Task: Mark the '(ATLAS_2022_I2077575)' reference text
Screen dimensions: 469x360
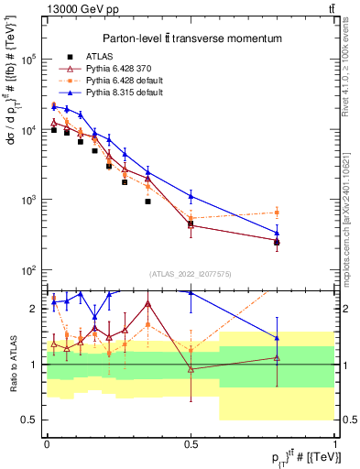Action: [191, 274]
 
